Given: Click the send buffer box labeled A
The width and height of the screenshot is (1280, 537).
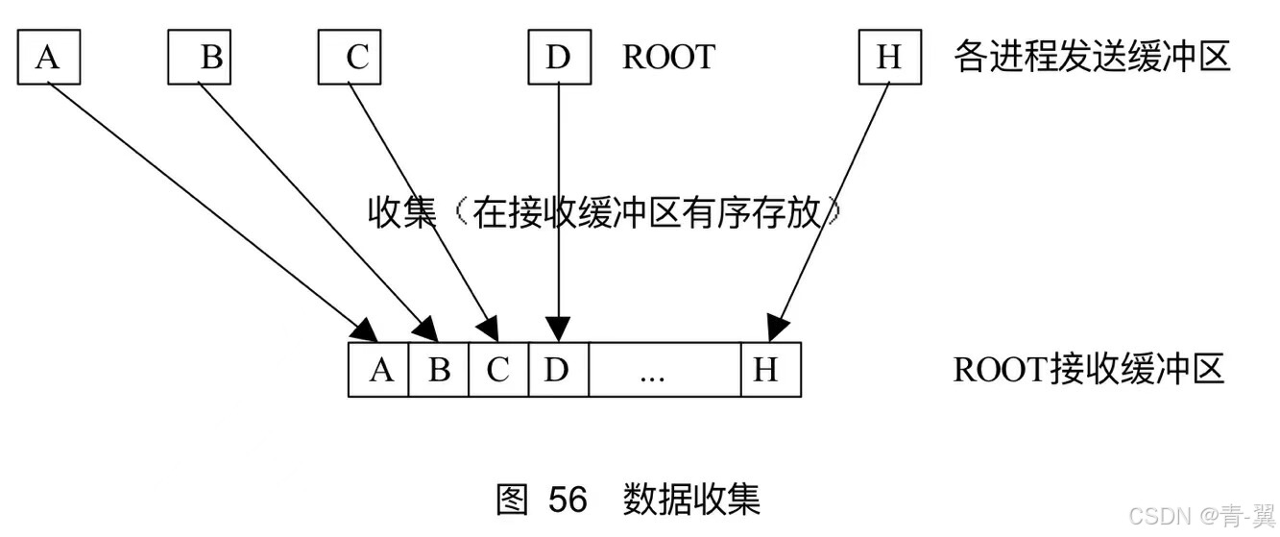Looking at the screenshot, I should point(48,58).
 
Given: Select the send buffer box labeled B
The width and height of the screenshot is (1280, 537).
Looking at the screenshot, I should point(199,58).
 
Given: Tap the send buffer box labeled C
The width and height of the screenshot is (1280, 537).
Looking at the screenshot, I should point(350,58).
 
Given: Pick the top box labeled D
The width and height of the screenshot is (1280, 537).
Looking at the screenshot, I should point(558,58).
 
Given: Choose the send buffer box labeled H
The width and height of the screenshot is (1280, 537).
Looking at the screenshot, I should point(889,58).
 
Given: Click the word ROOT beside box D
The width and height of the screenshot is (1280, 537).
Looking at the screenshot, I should point(668,58).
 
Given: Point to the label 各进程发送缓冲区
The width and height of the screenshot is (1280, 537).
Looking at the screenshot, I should point(1092,58).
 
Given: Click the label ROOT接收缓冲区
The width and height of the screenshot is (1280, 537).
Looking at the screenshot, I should point(1088,370).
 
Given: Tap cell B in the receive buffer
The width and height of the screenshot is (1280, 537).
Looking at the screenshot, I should point(439,370).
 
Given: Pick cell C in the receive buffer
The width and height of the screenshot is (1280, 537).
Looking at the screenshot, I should point(498,370).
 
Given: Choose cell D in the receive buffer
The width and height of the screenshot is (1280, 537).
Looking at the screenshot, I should point(558,370).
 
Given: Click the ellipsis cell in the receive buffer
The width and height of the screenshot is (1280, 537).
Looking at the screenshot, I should point(664,370).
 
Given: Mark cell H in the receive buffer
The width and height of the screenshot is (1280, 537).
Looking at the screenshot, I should point(770,370).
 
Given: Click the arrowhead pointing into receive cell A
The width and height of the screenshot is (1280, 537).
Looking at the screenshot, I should point(365,330).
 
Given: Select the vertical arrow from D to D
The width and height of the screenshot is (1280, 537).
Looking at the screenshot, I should point(558,192).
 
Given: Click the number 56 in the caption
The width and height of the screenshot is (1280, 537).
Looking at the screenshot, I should point(568,500).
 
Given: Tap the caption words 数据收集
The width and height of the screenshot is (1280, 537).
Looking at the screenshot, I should point(691,500).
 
